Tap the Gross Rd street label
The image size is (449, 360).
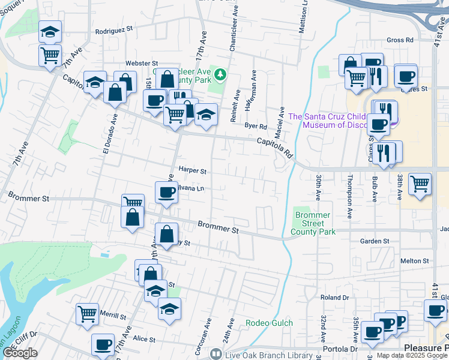coord(400,40)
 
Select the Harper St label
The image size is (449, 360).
coord(192,171)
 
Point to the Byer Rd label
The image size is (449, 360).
coord(255,126)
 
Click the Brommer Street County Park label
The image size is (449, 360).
coord(312,223)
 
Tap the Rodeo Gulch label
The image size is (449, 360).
coord(270,323)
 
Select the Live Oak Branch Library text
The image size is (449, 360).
coord(262,355)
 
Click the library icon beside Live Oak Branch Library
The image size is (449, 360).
coord(215,355)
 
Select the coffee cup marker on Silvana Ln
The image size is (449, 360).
coord(166,193)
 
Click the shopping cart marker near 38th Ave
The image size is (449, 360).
coord(420,184)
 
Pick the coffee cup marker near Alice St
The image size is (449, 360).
coord(103,345)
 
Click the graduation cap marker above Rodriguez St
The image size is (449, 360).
coord(50,32)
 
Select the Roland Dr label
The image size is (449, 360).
coord(334,297)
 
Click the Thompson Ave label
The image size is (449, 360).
coord(350,197)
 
